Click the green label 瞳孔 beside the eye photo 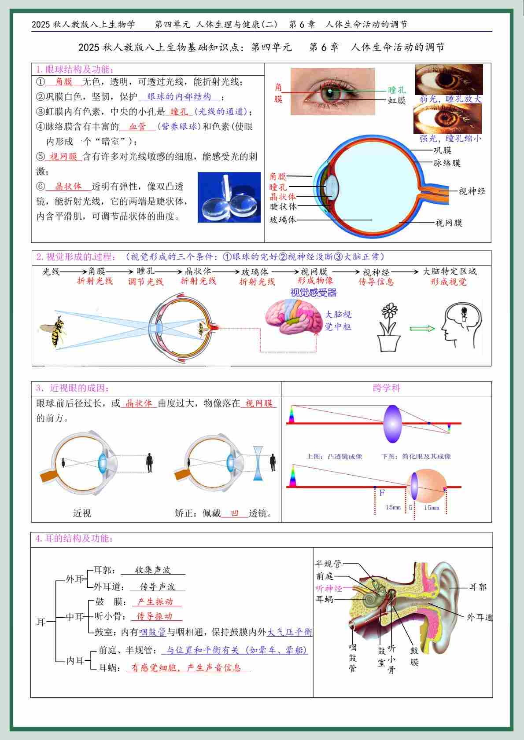[397, 90]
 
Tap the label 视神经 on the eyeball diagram [472, 191]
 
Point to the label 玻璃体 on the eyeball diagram [283, 220]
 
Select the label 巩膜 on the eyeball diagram [443, 150]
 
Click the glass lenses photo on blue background [229, 197]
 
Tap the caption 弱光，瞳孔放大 [450, 99]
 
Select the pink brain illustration [294, 317]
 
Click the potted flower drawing [389, 327]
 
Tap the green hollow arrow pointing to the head [422, 328]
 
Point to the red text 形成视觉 [449, 282]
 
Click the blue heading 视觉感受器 [313, 293]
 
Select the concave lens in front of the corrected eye [258, 463]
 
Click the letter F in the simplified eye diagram [382, 493]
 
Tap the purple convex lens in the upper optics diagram [392, 424]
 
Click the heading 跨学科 [387, 388]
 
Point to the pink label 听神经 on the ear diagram [328, 588]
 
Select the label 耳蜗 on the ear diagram [325, 599]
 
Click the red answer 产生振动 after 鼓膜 [155, 601]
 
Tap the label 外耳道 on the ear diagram [480, 617]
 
